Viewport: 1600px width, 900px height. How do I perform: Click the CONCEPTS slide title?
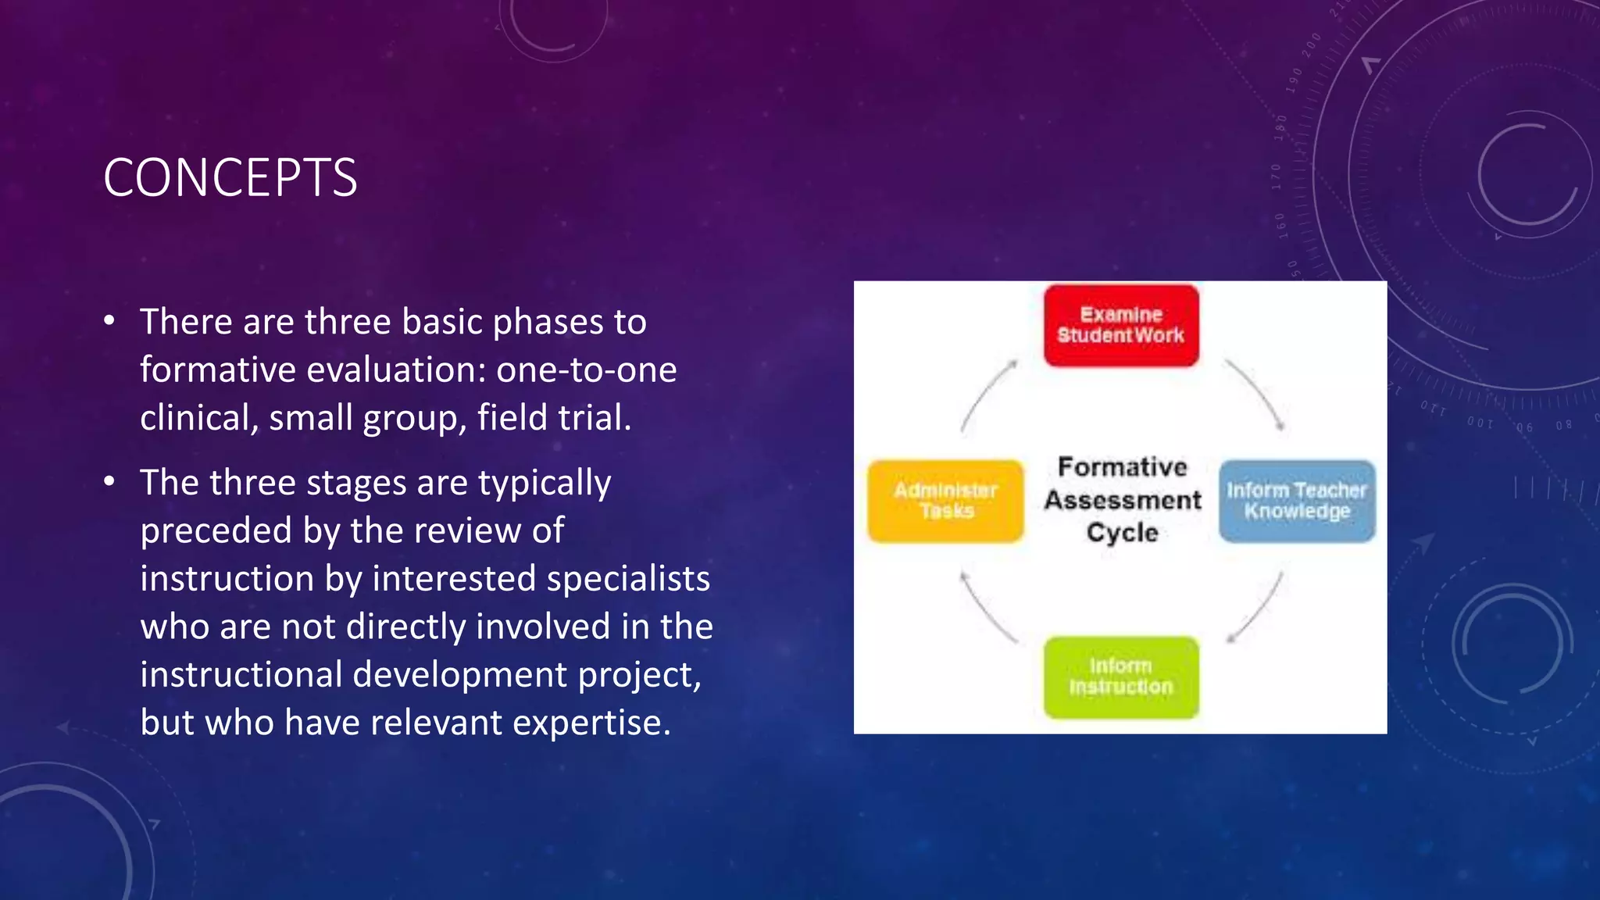(x=230, y=178)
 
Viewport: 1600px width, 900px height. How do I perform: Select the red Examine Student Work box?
(x=1121, y=326)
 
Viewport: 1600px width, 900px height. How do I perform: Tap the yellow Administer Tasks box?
(x=946, y=501)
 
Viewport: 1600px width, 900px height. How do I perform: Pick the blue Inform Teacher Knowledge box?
(x=1297, y=501)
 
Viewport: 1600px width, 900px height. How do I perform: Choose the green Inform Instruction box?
(x=1121, y=677)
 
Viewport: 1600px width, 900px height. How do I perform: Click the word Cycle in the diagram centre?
(x=1122, y=533)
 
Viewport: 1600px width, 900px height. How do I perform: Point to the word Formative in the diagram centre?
(x=1122, y=467)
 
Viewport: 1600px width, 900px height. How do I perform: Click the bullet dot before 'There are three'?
(x=109, y=321)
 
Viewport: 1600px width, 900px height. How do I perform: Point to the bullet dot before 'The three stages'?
(x=109, y=482)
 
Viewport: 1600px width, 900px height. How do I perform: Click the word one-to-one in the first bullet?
(x=586, y=370)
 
